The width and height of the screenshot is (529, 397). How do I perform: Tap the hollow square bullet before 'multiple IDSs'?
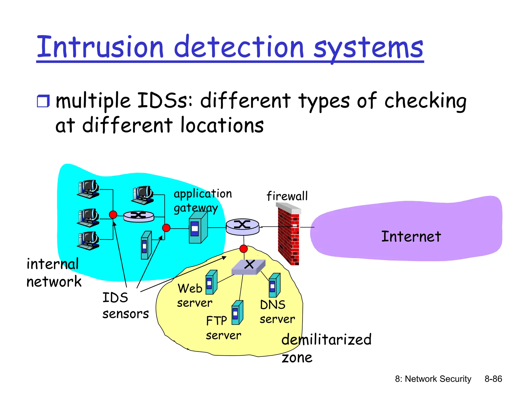pyautogui.click(x=43, y=101)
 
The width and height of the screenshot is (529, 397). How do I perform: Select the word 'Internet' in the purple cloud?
pyautogui.click(x=411, y=236)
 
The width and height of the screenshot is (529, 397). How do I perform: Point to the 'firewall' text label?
pyautogui.click(x=287, y=196)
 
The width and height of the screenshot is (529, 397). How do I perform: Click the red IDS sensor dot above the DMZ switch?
pyautogui.click(x=244, y=249)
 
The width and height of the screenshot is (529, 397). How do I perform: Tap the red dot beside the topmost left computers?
pyautogui.click(x=113, y=215)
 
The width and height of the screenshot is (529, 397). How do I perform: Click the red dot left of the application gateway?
pyautogui.click(x=166, y=228)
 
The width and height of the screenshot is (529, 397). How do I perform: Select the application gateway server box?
pyautogui.click(x=198, y=228)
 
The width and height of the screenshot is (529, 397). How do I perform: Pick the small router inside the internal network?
pyautogui.click(x=139, y=216)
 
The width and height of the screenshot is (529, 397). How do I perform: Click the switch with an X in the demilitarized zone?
pyautogui.click(x=248, y=267)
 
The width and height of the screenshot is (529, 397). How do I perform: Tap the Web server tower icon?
pyautogui.click(x=211, y=282)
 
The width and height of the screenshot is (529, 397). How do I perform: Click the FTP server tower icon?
pyautogui.click(x=237, y=312)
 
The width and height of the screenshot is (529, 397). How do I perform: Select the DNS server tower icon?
pyautogui.click(x=274, y=285)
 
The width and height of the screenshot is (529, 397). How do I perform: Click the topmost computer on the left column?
pyautogui.click(x=88, y=189)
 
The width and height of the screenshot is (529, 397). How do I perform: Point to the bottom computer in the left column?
pyautogui.click(x=88, y=240)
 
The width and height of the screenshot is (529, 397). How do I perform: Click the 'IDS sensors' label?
pyautogui.click(x=125, y=306)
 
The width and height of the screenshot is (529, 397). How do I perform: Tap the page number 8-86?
pyautogui.click(x=493, y=379)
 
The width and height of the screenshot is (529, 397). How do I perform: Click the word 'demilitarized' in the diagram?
pyautogui.click(x=326, y=339)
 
